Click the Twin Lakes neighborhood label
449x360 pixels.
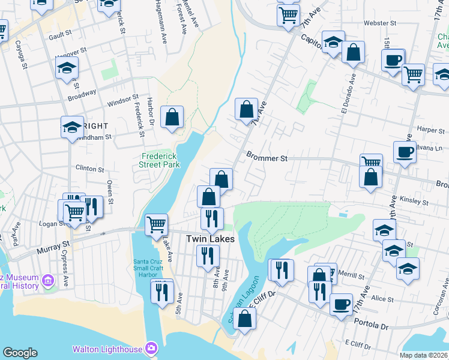pos(210,238)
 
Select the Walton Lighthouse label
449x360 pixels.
pos(107,349)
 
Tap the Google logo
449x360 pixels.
pos(20,353)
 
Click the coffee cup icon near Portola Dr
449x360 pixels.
pos(341,304)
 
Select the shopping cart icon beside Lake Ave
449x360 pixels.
pos(156,224)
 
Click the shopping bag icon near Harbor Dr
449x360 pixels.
pos(172,116)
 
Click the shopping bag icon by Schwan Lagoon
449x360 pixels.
pos(244,318)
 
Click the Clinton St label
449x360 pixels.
pos(90,169)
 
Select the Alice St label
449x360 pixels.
pos(382,299)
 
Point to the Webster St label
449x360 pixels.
pos(377,23)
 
